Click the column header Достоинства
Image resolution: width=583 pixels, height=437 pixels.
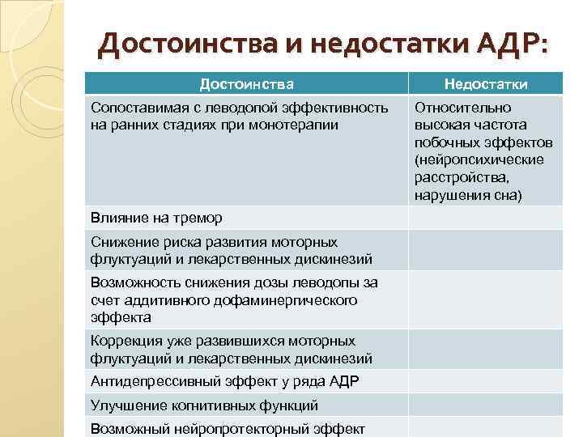[x=246, y=83]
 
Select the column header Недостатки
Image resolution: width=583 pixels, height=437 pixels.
[x=485, y=83]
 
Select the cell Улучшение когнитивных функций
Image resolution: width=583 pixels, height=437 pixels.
[x=204, y=405]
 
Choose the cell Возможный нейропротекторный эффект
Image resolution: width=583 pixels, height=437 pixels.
[x=228, y=428]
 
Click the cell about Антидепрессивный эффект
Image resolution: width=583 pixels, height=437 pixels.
[x=225, y=381]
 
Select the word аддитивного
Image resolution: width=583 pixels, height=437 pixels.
[x=157, y=300]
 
